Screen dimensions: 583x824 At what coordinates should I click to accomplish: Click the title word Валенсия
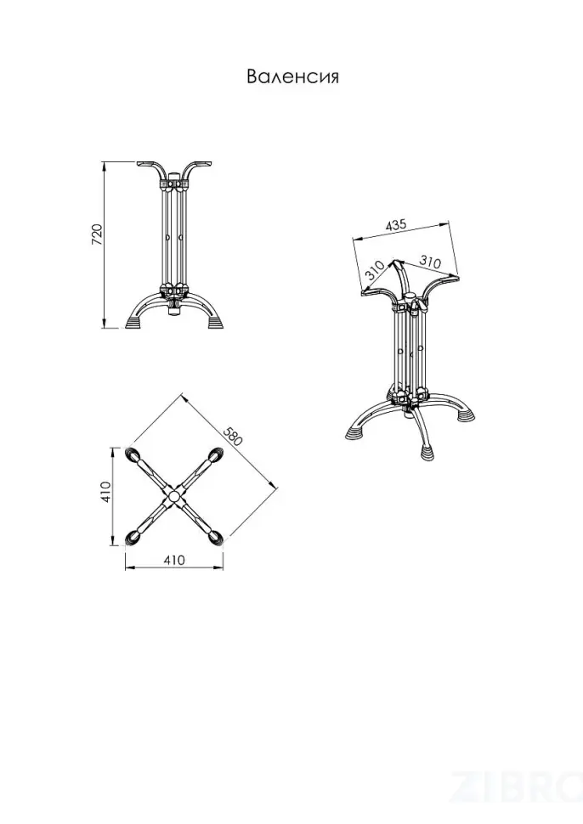pyautogui.click(x=293, y=76)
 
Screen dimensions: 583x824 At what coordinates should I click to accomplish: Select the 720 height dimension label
pyautogui.click(x=97, y=235)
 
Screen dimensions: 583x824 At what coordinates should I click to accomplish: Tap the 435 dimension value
pyautogui.click(x=396, y=225)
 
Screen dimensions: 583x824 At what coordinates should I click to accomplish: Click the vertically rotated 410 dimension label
pyautogui.click(x=105, y=492)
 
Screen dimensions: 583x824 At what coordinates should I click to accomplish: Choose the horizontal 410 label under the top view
pyautogui.click(x=174, y=560)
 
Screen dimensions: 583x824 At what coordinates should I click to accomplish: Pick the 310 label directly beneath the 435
pyautogui.click(x=429, y=261)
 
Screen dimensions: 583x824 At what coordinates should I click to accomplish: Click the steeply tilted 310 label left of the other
pyautogui.click(x=374, y=270)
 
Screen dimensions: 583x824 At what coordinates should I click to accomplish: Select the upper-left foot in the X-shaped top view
pyautogui.click(x=133, y=454)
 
